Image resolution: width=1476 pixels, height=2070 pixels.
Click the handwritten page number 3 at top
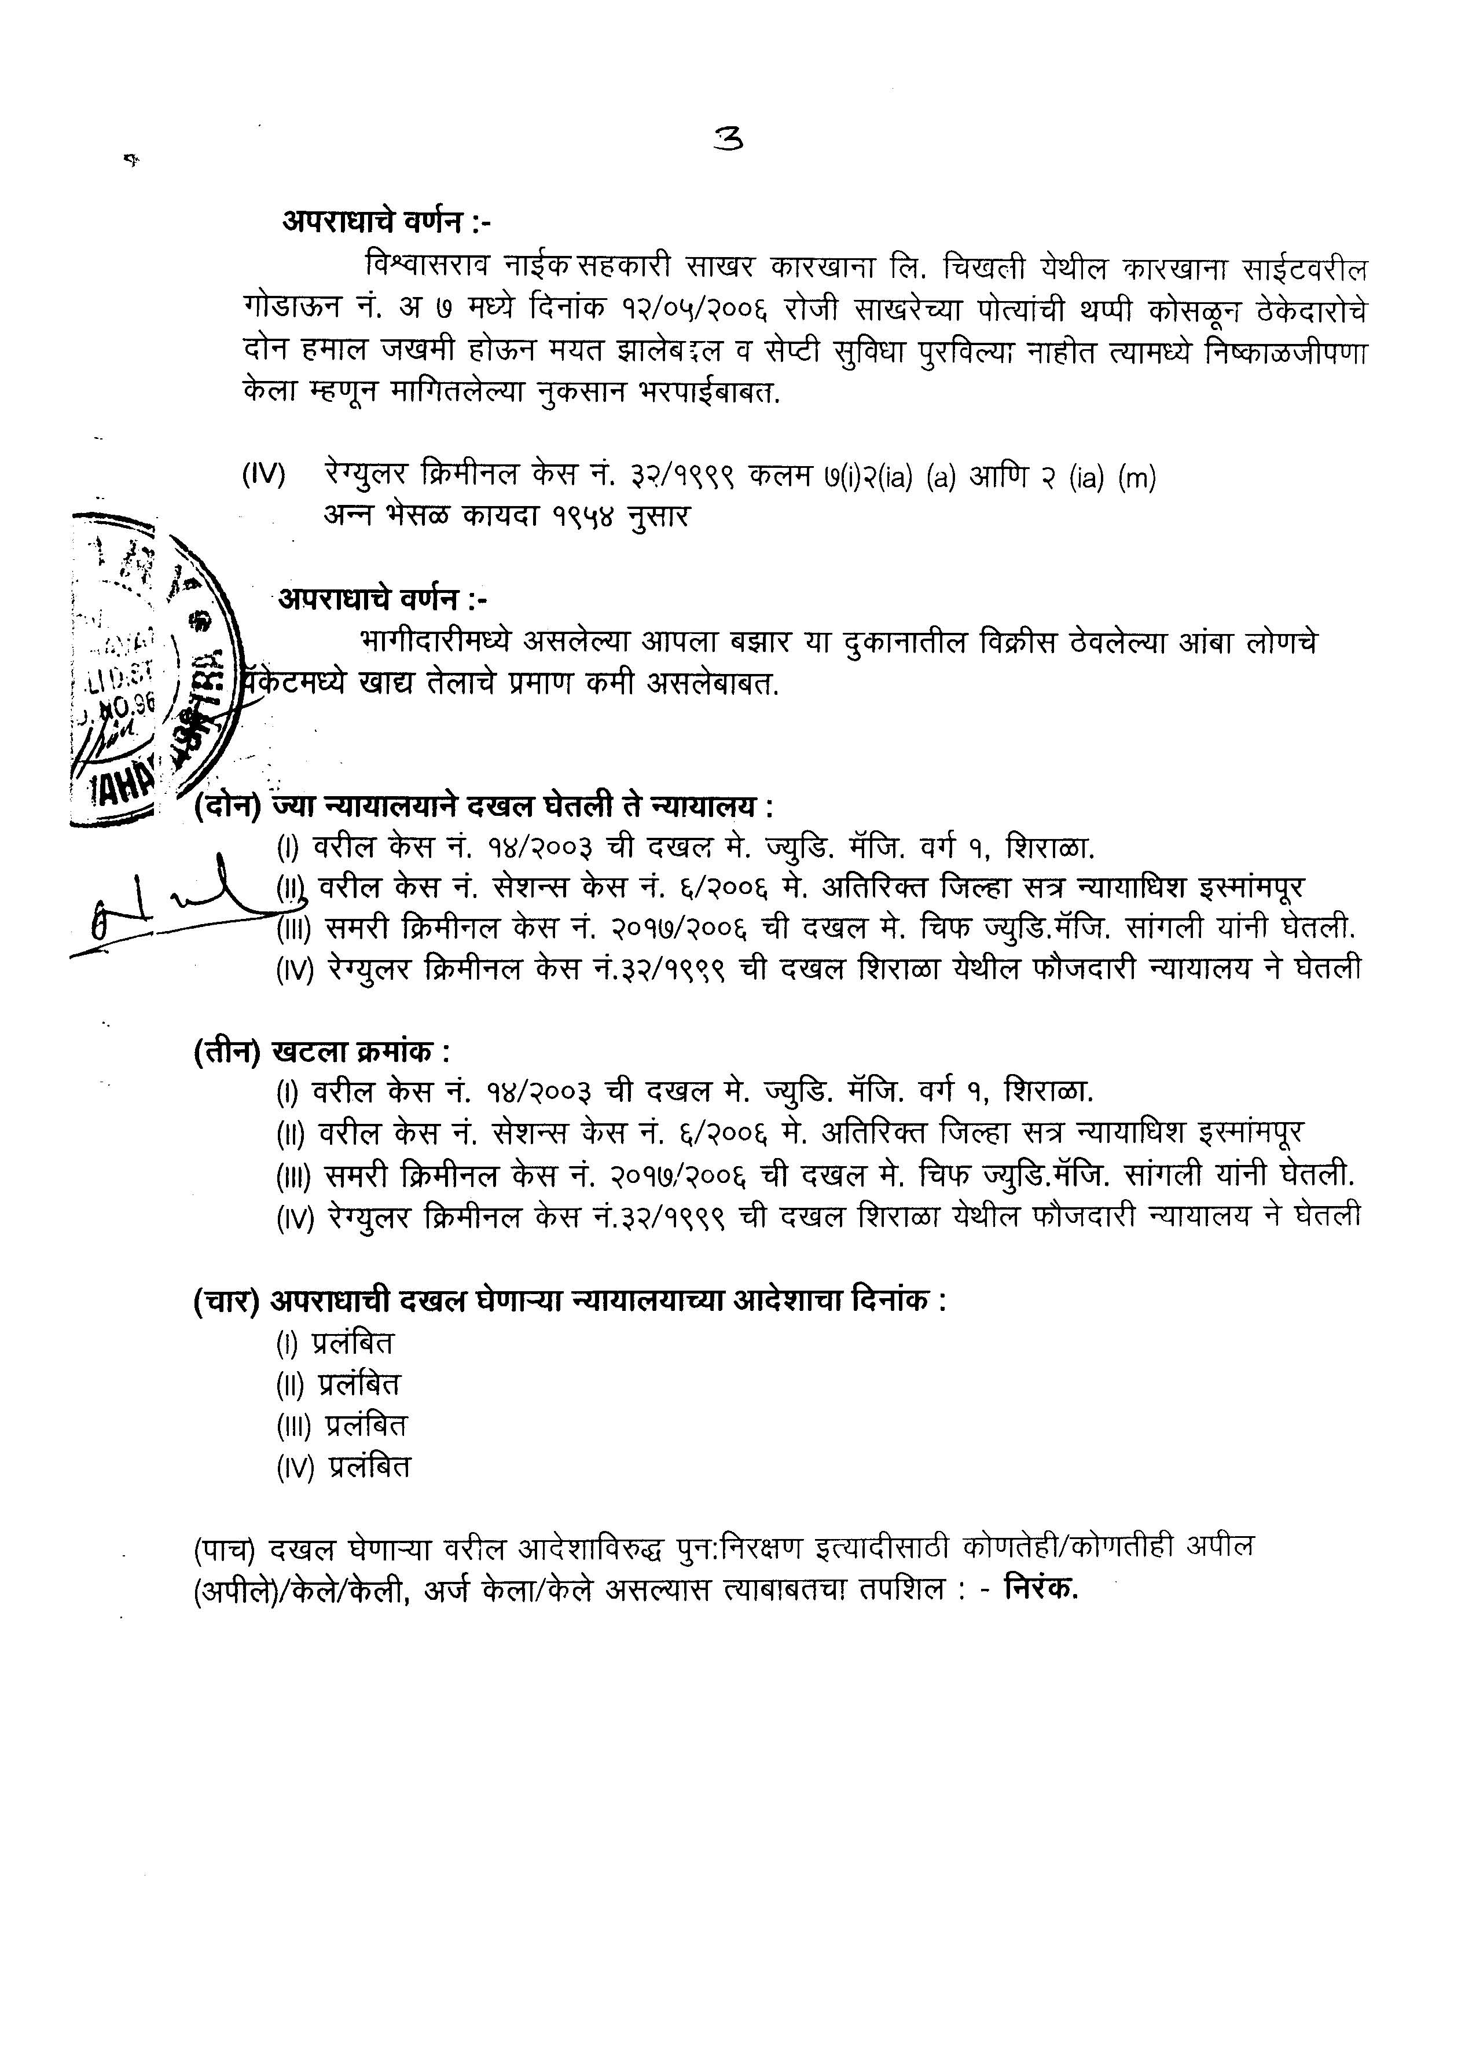[x=729, y=138]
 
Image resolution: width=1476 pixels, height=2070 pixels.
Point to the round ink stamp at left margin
[x=155, y=668]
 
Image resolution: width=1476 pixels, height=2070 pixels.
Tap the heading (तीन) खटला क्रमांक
[x=322, y=1053]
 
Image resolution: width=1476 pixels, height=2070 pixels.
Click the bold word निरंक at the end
[x=1041, y=1588]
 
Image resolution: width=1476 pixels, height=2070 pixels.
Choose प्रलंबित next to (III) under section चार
[x=366, y=1424]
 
